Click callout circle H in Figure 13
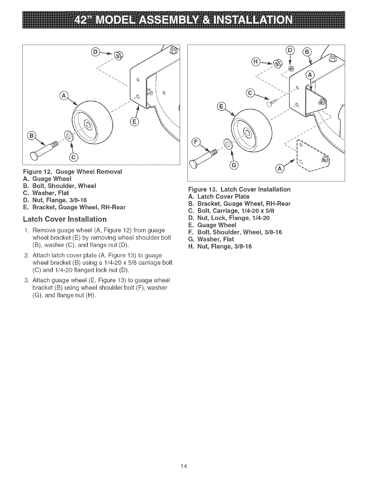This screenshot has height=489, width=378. click(x=255, y=62)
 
